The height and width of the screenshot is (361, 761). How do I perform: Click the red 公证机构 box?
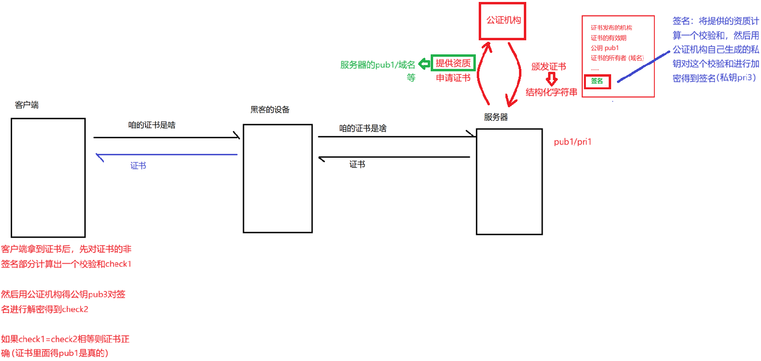click(x=502, y=21)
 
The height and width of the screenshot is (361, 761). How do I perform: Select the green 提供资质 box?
click(x=453, y=63)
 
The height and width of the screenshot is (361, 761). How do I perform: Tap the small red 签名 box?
click(x=597, y=81)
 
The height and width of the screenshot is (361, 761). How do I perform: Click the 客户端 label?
click(x=27, y=105)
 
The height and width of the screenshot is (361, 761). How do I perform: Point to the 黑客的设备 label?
click(x=270, y=110)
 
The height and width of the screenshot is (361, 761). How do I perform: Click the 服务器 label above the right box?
click(x=496, y=117)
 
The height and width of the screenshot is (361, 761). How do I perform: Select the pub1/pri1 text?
click(x=572, y=142)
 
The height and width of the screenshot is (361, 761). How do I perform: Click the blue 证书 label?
click(x=138, y=166)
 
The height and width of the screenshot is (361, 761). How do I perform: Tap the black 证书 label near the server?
click(x=357, y=164)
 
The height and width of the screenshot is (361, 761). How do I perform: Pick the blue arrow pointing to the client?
click(x=165, y=155)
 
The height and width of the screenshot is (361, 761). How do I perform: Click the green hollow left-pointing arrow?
click(x=424, y=64)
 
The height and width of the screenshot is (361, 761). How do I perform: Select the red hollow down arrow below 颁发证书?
click(x=551, y=79)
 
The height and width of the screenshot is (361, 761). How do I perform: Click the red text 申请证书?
click(x=453, y=78)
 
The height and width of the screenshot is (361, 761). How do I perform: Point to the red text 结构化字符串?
click(x=551, y=92)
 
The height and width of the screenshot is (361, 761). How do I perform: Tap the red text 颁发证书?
click(x=549, y=66)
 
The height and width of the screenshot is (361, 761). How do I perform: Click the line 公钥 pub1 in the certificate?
click(x=604, y=48)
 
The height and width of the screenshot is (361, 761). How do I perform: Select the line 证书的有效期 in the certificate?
click(x=608, y=38)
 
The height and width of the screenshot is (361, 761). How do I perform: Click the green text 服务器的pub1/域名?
click(x=377, y=65)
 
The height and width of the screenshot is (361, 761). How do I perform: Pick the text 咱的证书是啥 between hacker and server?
click(x=363, y=128)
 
